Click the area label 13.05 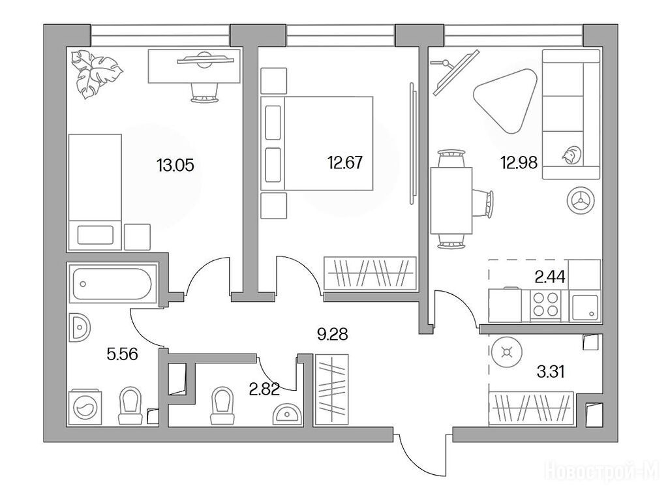coord(175,165)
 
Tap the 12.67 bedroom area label coord(344,162)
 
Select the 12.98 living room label coord(519,162)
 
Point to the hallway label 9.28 coord(332,335)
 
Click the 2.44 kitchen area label coord(550,277)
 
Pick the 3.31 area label coord(551,372)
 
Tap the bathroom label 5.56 coord(122,354)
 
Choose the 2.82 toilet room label coord(264,389)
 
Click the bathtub coord(112,284)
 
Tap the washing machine coord(85,406)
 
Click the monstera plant coord(97,74)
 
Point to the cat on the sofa coord(571,155)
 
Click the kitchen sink coord(585,307)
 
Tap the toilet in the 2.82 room coord(223,405)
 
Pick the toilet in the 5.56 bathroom coord(130,405)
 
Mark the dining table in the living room coord(451,201)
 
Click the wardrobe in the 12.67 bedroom coord(370,273)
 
